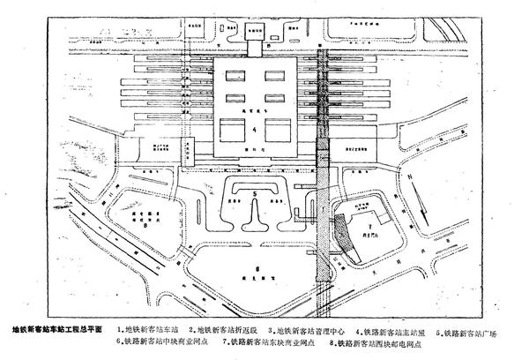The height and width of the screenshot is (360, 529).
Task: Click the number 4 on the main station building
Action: [x=255, y=131]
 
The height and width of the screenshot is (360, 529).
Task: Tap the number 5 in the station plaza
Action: [x=255, y=191]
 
